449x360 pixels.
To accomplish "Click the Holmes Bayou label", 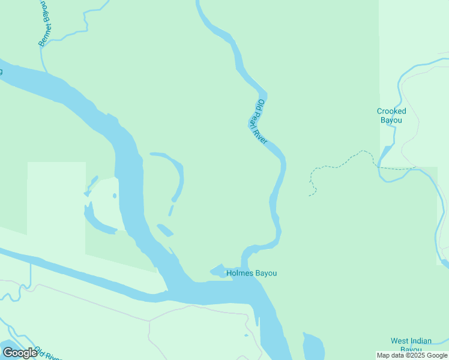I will point(252,274).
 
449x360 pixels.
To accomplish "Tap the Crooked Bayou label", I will point(391,115).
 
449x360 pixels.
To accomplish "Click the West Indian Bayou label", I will point(411,345).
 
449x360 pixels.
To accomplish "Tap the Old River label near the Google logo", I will point(47,353).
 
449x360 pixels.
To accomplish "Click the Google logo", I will point(19,353).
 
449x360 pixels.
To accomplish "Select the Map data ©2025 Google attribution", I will point(412,355).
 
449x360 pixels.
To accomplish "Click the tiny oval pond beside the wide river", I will point(114,195).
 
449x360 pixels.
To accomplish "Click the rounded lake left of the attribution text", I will point(313,347).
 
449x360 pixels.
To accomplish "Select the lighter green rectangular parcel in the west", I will point(56,198).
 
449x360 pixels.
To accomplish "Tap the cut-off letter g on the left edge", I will point(1,71).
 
